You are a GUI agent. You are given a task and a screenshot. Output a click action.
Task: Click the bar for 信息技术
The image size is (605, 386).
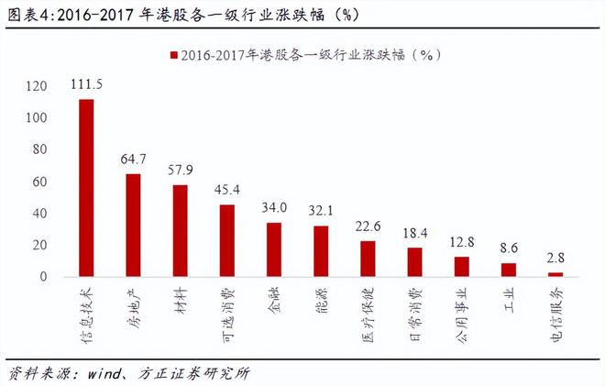(x=86, y=188)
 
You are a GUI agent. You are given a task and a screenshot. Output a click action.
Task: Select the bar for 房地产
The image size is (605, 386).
(x=133, y=226)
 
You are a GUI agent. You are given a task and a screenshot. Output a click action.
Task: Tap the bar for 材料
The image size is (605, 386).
(x=181, y=231)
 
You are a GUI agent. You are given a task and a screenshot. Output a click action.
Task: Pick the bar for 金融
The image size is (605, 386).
(x=274, y=249)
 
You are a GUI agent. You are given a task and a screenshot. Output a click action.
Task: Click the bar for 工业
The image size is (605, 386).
(x=509, y=270)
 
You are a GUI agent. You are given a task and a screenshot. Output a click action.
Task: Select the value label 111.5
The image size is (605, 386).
(x=86, y=84)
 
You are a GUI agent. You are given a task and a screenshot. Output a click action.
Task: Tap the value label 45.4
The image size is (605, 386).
(x=226, y=190)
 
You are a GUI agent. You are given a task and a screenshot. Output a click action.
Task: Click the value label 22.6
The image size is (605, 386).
(x=368, y=226)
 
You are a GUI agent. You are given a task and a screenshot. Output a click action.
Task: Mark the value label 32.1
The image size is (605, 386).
(x=321, y=211)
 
